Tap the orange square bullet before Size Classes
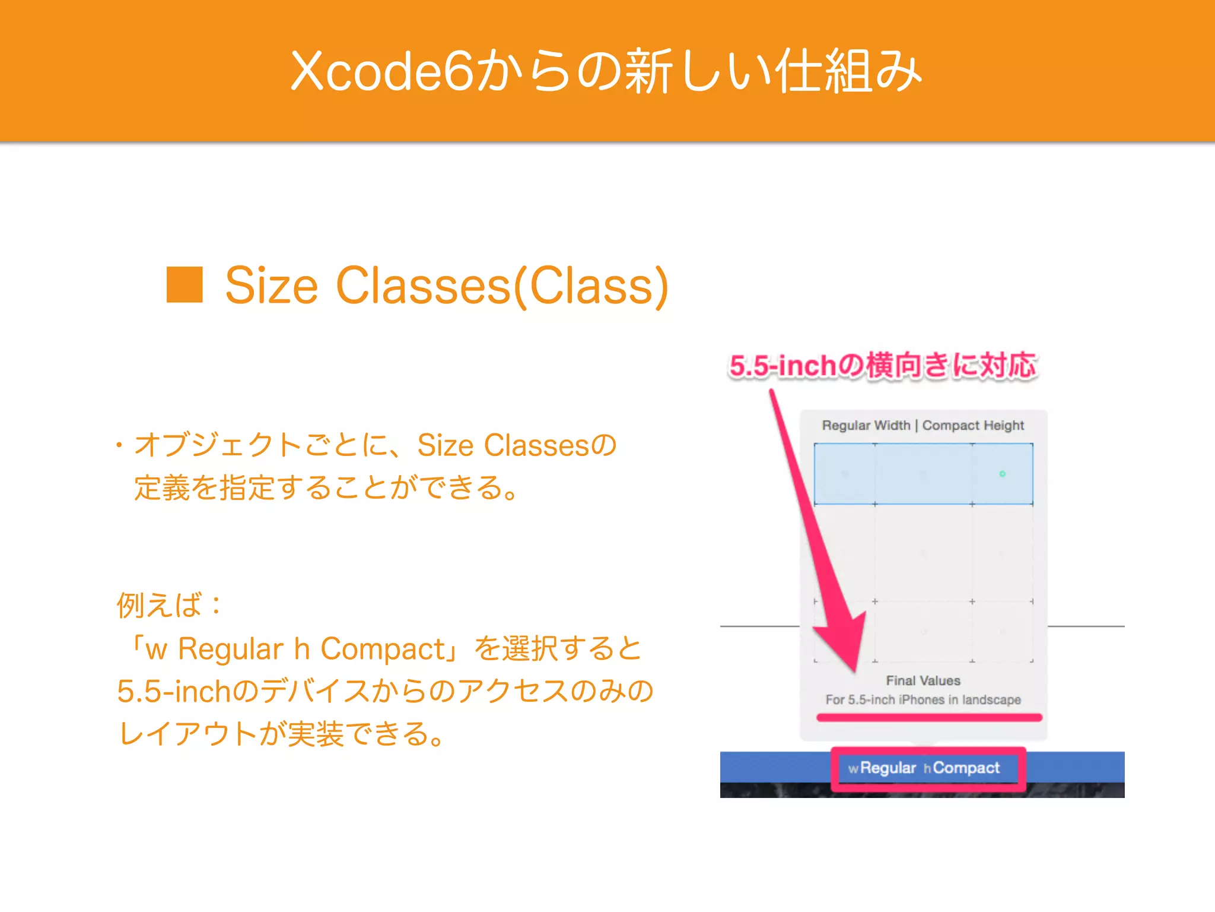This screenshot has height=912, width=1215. pyautogui.click(x=185, y=285)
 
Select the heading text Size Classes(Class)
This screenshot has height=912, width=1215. pyautogui.click(x=446, y=286)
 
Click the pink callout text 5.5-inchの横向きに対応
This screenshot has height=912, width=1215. pyautogui.click(x=882, y=365)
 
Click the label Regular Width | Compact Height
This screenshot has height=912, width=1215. pyautogui.click(x=923, y=426)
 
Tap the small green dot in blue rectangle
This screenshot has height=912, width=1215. pyautogui.click(x=1002, y=474)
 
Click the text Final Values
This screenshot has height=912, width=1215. pyautogui.click(x=923, y=680)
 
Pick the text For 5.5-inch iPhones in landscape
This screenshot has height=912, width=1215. pyautogui.click(x=923, y=699)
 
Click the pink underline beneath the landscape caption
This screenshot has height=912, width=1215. pyautogui.click(x=928, y=718)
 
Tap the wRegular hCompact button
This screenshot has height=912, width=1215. pyautogui.click(x=928, y=768)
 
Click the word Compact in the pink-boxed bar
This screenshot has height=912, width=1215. pyautogui.click(x=966, y=768)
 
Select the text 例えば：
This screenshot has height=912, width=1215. pyautogui.click(x=170, y=606)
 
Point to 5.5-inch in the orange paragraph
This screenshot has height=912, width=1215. pyautogui.click(x=174, y=691)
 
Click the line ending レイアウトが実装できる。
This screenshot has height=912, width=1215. pyautogui.click(x=281, y=734)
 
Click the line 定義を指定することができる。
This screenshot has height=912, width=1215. pyautogui.click(x=326, y=488)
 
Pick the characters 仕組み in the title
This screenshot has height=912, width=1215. pyautogui.click(x=848, y=71)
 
